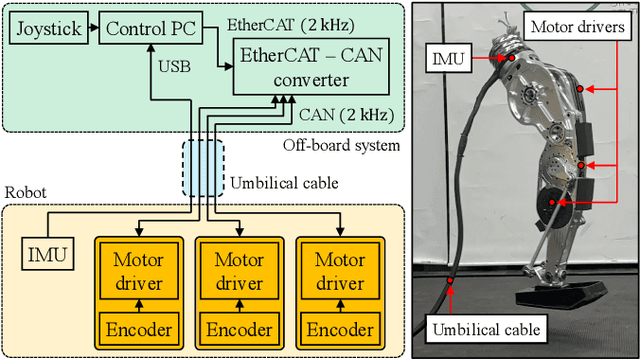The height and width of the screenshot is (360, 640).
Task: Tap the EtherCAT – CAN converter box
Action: [x=307, y=68]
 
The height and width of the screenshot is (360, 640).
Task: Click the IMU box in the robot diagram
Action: [x=46, y=255]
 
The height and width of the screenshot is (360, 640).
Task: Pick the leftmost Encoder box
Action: [x=139, y=328]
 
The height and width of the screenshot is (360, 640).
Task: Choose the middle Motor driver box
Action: [x=240, y=271]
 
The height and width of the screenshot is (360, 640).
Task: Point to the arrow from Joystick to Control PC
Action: [x=91, y=28]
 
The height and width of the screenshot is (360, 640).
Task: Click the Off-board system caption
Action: [x=340, y=147]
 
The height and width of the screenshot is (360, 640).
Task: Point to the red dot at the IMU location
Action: [x=511, y=58]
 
